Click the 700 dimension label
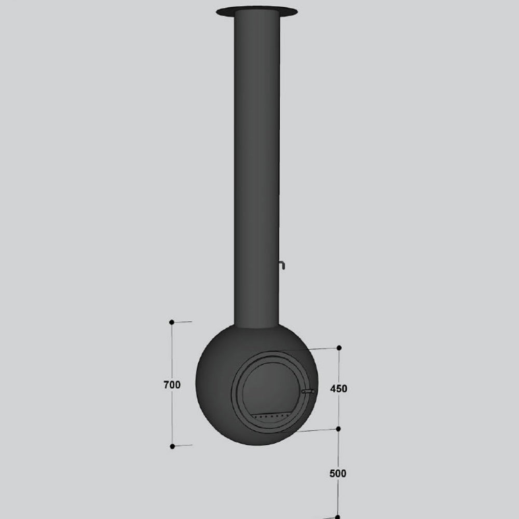[172, 385]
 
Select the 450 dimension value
[338, 389]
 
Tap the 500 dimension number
[338, 473]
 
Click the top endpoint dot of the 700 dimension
[172, 322]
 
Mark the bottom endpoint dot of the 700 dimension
[172, 446]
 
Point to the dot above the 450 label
[339, 348]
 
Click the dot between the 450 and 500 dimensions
[338, 429]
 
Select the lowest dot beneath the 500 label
[338, 517]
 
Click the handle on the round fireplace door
[308, 391]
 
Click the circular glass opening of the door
[271, 387]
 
